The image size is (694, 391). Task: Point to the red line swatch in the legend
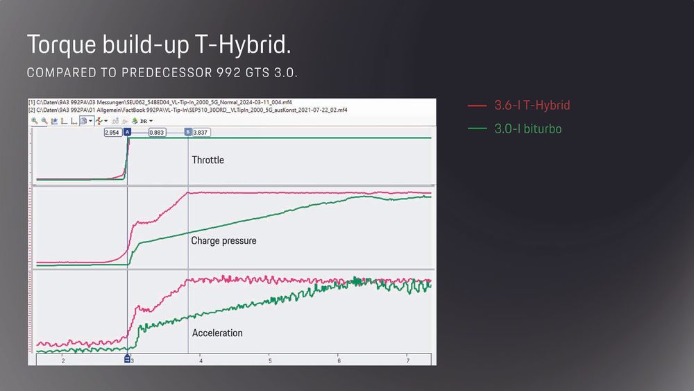(x=477, y=106)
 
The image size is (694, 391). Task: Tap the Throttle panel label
(x=208, y=160)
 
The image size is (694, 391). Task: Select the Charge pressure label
(x=223, y=241)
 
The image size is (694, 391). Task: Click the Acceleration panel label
(x=217, y=333)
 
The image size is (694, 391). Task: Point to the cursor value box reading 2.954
(x=112, y=132)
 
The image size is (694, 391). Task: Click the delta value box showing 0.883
(x=156, y=132)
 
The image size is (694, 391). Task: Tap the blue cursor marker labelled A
(x=127, y=132)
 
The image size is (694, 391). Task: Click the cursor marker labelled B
(x=188, y=132)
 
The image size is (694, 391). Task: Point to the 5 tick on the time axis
(x=269, y=361)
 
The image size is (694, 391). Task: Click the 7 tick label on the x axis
(x=407, y=361)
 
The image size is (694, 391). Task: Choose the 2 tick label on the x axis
(x=63, y=361)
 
